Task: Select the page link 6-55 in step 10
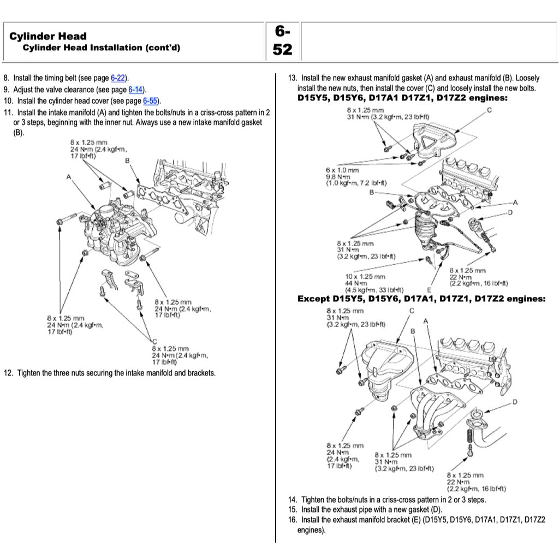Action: point(150,101)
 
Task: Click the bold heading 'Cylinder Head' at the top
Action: point(48,36)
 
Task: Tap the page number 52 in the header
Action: point(282,50)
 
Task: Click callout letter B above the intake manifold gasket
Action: point(127,160)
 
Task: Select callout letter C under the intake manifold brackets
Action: point(154,341)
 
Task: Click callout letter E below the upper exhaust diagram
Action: point(430,289)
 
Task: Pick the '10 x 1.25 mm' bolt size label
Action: point(365,277)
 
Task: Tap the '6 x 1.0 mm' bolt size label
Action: point(342,170)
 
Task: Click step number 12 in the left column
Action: point(8,373)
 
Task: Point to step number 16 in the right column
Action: point(292,520)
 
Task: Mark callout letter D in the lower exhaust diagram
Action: point(515,402)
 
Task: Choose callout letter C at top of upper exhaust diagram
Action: point(489,110)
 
